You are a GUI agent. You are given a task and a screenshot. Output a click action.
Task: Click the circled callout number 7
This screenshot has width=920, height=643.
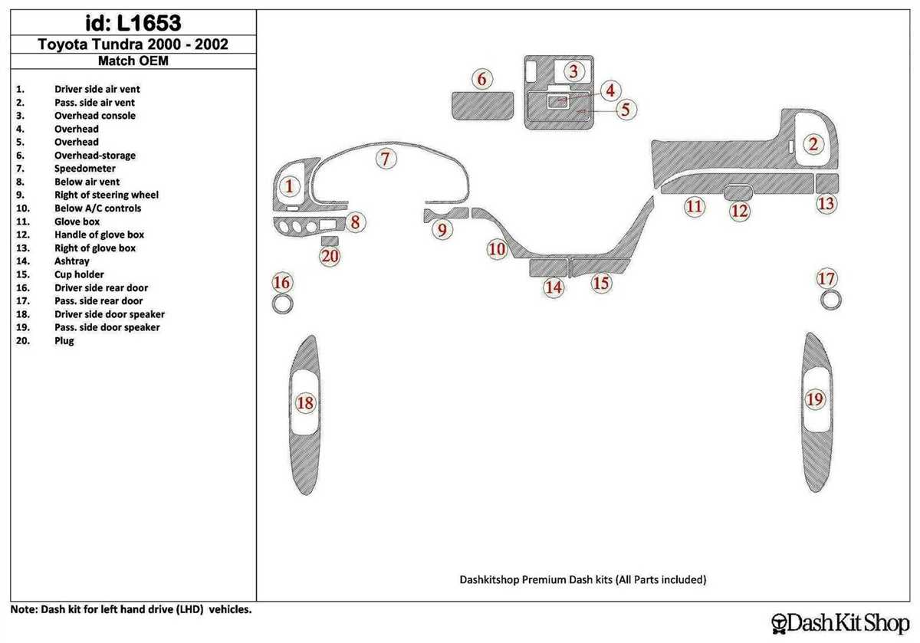tap(386, 159)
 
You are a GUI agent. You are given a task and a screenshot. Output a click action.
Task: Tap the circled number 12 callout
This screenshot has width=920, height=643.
tap(739, 211)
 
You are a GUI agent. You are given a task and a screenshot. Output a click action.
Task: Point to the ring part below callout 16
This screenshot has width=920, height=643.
tap(282, 305)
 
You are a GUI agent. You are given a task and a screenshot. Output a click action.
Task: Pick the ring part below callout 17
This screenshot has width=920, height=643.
tap(827, 300)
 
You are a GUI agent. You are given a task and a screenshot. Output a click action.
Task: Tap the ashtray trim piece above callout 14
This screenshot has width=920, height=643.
tap(547, 267)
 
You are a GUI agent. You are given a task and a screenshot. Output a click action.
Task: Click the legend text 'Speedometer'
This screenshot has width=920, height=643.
tap(85, 169)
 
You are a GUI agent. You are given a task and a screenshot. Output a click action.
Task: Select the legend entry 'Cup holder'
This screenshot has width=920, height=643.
tap(79, 274)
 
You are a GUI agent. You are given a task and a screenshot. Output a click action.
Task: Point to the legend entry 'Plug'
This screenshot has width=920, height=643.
tap(64, 340)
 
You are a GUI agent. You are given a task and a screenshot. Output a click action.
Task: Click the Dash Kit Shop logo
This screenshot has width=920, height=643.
tap(839, 621)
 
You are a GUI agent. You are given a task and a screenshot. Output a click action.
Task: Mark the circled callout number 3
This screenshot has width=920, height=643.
tap(573, 72)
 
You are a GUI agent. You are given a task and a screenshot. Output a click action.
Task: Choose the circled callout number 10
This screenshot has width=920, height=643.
tap(498, 249)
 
